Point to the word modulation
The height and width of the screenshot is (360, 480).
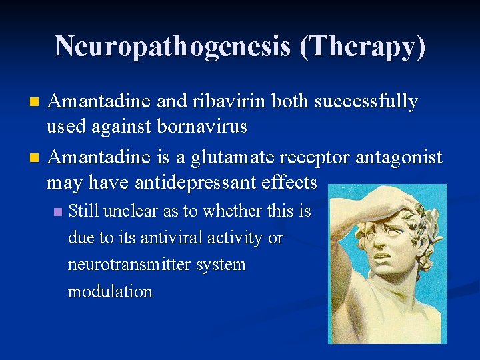(x=110, y=291)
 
